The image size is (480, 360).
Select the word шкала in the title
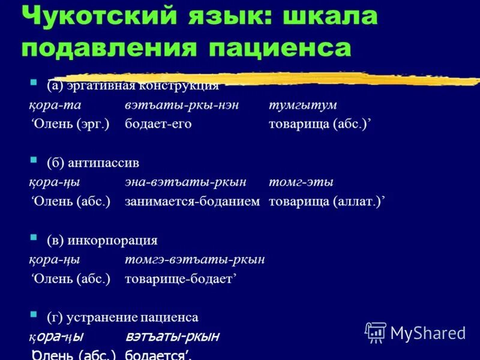point(328,17)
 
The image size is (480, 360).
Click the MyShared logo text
point(428,332)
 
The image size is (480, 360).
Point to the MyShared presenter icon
point(376,332)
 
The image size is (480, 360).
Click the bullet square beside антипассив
point(34,161)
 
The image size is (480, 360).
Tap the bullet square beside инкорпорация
point(34,239)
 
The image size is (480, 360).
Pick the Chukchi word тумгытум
point(302,105)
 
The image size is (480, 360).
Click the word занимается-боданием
point(192,202)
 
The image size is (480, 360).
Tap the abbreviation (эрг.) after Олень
point(94,124)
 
